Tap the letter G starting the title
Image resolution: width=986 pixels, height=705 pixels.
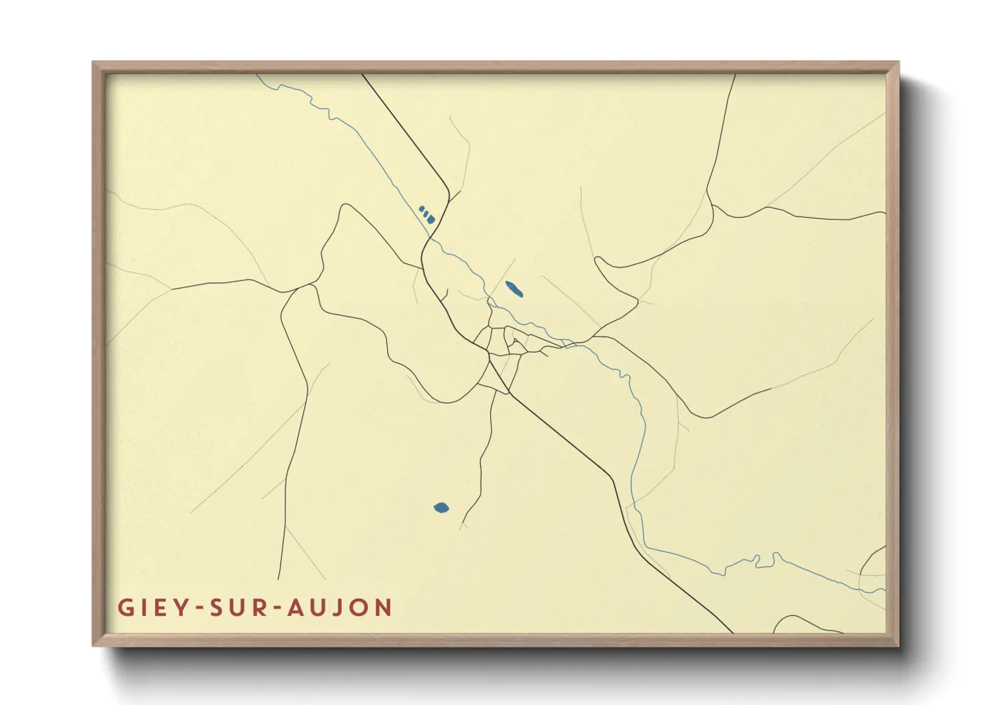pyautogui.click(x=125, y=608)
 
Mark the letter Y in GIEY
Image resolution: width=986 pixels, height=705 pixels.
pyautogui.click(x=183, y=608)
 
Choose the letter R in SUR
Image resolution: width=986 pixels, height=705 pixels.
pyautogui.click(x=260, y=608)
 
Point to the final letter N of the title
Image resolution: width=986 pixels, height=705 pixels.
pyautogui.click(x=383, y=608)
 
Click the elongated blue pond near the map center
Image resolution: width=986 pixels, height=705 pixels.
pyautogui.click(x=514, y=289)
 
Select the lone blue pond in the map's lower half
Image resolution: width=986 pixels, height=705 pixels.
pyautogui.click(x=441, y=508)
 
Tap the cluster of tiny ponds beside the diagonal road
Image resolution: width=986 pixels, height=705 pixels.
pyautogui.click(x=427, y=214)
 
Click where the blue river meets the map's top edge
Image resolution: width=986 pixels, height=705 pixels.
pyautogui.click(x=257, y=75)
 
